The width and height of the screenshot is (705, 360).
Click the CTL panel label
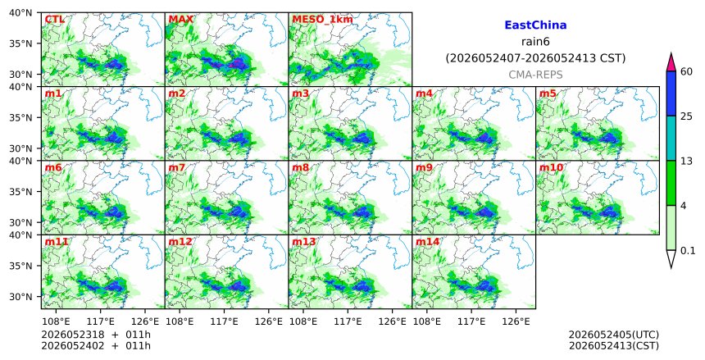click(x=54, y=20)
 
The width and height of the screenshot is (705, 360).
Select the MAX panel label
click(x=180, y=20)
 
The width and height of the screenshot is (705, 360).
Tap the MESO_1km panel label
click(x=322, y=20)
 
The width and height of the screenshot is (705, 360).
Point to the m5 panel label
click(x=548, y=93)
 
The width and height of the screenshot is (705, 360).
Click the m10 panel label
click(x=551, y=168)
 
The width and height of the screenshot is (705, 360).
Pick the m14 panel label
click(x=427, y=242)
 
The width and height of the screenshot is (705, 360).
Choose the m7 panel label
click(x=177, y=168)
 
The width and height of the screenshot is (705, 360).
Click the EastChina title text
click(x=535, y=25)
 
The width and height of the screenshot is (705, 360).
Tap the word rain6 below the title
click(x=535, y=42)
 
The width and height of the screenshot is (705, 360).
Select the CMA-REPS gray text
click(x=535, y=75)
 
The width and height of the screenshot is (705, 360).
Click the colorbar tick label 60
click(x=686, y=71)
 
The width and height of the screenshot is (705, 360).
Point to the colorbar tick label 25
click(x=686, y=116)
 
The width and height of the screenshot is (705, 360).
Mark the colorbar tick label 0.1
click(x=688, y=251)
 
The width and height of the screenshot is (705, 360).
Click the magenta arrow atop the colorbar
click(x=671, y=62)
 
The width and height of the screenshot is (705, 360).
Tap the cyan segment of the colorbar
click(x=671, y=138)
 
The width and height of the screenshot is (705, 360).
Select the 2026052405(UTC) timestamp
click(x=614, y=335)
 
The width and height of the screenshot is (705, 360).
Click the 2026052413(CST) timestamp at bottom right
click(x=614, y=345)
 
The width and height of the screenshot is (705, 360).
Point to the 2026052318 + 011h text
click(x=96, y=335)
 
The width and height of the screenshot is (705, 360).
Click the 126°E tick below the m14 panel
click(x=516, y=321)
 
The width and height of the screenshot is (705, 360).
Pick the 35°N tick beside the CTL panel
click(x=20, y=43)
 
